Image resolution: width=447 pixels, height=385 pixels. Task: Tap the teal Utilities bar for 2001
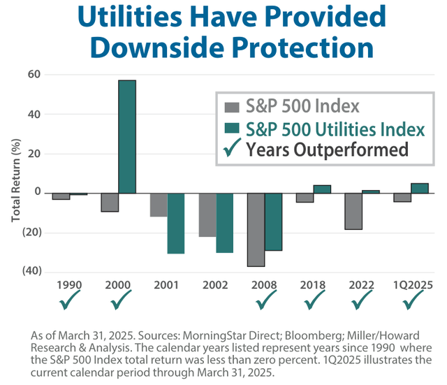pos(176,223)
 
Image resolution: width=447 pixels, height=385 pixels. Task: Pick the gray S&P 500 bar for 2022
pos(354,211)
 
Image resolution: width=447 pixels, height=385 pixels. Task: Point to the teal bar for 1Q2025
pos(420,188)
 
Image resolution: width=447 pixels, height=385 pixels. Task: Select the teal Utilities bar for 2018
pos(322,189)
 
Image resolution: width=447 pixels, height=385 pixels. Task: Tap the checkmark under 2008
pos(266,300)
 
